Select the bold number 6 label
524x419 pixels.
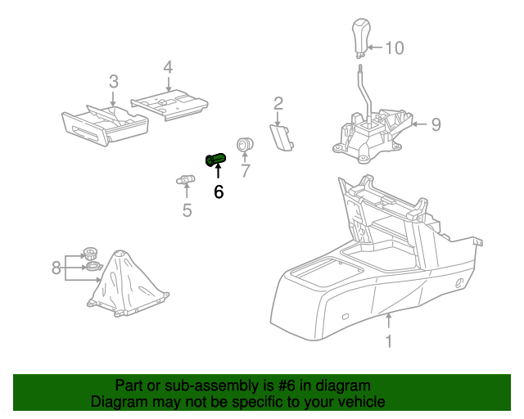click(218, 192)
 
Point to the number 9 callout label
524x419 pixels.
click(436, 124)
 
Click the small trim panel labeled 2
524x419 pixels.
click(282, 137)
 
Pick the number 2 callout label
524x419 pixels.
click(278, 103)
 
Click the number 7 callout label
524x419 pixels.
click(244, 170)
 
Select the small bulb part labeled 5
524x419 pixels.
click(186, 180)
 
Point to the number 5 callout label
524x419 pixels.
click(187, 211)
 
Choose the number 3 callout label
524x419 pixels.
click(113, 81)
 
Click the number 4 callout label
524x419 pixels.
click(168, 66)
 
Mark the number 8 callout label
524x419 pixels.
click(56, 268)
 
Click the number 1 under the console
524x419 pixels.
click(389, 341)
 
